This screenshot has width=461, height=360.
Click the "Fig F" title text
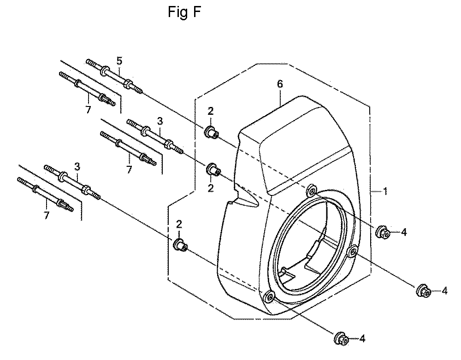(x=184, y=12)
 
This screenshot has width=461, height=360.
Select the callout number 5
(x=119, y=61)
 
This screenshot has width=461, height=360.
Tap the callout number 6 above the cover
(x=280, y=84)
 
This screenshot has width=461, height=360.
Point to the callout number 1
(x=385, y=192)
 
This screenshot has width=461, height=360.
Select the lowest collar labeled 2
(x=180, y=245)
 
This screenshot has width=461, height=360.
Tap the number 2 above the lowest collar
(x=179, y=224)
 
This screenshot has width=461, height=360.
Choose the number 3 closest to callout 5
(x=160, y=121)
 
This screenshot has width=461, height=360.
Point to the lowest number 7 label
(x=46, y=216)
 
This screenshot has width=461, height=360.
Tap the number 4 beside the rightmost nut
(x=444, y=291)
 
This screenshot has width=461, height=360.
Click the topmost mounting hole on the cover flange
(x=311, y=191)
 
